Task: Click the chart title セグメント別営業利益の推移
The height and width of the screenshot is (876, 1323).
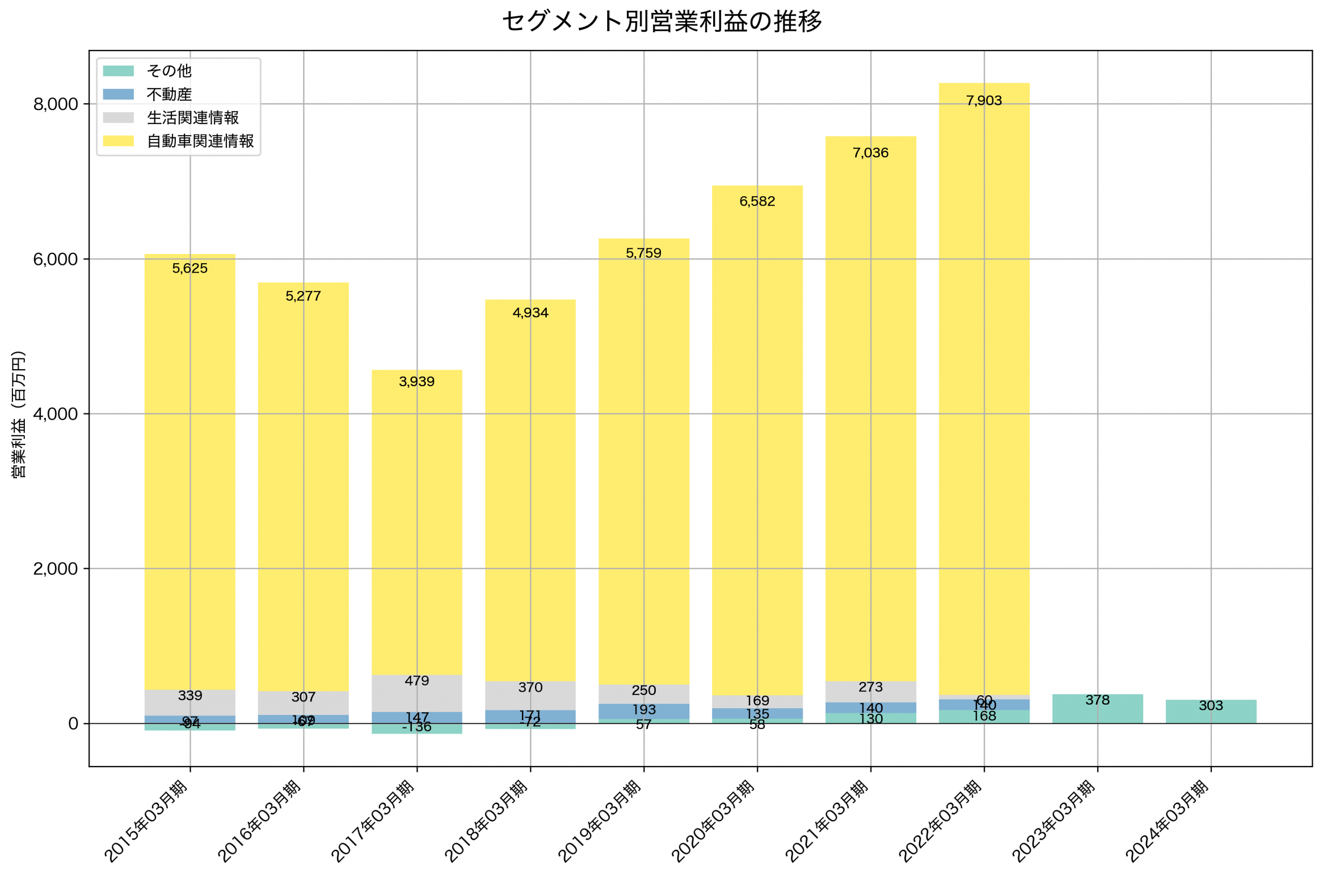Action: pos(661,22)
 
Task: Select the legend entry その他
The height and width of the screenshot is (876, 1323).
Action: pos(169,71)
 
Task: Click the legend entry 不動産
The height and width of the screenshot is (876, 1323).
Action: pos(169,94)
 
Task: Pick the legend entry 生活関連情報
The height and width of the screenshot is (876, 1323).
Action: pos(192,118)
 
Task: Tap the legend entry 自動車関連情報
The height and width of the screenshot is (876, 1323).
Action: pos(200,141)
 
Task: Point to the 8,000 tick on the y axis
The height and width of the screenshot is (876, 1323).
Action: pos(55,104)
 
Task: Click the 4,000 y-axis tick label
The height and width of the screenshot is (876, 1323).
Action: pos(55,414)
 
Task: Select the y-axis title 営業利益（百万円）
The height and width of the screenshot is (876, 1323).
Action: pos(19,414)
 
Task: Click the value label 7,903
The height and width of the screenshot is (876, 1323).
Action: pos(983,101)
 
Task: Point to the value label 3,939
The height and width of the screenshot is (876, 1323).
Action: pos(417,381)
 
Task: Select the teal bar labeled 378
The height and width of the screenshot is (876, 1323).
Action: pos(1097,709)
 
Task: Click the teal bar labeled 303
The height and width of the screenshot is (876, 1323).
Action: pos(1211,712)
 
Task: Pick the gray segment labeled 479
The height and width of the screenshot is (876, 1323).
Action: pos(417,693)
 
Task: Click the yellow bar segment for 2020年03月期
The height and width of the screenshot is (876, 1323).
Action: pos(757,447)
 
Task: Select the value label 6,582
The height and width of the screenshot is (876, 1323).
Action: pos(757,201)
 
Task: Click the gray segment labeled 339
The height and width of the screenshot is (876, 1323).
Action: pos(190,702)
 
